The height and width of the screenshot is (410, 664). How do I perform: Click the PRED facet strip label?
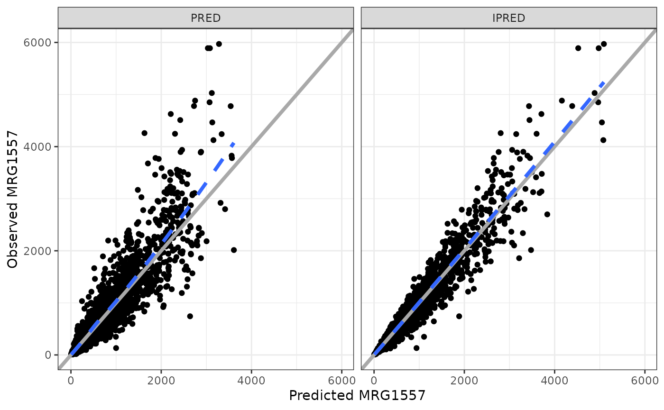(205, 18)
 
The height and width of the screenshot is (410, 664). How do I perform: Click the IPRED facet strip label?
(508, 18)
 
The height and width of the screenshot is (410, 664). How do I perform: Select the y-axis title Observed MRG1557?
(13, 199)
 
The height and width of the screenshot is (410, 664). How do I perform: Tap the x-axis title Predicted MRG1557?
(357, 395)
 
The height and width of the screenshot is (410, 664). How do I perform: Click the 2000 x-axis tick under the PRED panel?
(161, 380)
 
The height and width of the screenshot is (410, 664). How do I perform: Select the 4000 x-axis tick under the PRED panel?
(251, 380)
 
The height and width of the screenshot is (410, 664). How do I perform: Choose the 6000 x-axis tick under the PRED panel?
(341, 380)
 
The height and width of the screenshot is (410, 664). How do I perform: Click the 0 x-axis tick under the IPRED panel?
(374, 380)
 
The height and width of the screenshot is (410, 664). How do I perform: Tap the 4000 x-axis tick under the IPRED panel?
(554, 380)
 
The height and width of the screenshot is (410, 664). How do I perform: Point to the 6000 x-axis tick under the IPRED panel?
(645, 380)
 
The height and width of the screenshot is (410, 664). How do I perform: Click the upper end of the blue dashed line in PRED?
(233, 142)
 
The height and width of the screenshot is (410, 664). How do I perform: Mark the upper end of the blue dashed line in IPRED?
(603, 82)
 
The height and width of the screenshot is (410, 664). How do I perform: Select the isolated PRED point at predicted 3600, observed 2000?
(233, 250)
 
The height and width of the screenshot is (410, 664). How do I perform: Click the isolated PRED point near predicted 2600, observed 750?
(190, 316)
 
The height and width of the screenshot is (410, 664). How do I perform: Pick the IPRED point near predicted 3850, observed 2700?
(547, 214)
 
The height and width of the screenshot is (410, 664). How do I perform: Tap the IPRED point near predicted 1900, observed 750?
(459, 316)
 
